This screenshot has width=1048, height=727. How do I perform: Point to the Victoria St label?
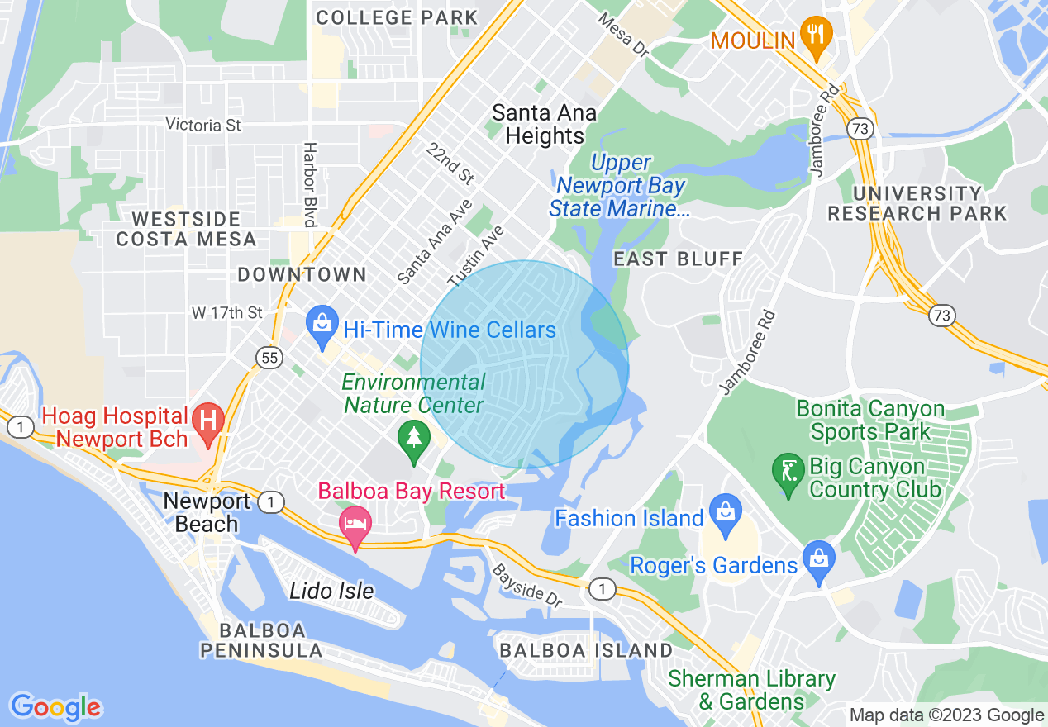(203, 125)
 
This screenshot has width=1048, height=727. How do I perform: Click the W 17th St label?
(226, 313)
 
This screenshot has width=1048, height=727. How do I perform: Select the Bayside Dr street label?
(527, 586)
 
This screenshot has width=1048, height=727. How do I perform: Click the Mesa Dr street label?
(623, 35)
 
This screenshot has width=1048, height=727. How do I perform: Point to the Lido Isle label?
(331, 591)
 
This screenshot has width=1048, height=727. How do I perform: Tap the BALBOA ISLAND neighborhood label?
(586, 650)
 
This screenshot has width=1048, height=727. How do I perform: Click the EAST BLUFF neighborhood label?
(678, 259)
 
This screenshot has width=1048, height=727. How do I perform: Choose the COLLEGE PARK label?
(397, 17)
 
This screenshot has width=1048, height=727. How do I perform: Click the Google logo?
(55, 707)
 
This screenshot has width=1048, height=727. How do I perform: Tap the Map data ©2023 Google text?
(947, 715)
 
